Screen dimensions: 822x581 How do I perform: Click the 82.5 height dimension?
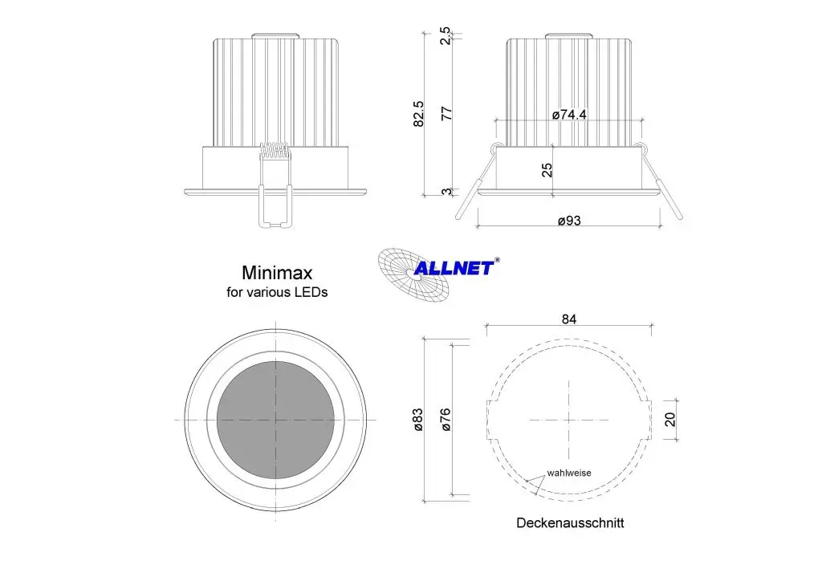[417, 114]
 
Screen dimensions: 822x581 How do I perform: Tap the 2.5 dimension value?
[445, 36]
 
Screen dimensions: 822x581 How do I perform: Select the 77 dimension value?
[446, 114]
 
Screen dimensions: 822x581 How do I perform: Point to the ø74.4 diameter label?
[569, 114]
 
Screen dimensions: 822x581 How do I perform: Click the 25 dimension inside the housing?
[546, 170]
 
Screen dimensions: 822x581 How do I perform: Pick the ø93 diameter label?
[569, 221]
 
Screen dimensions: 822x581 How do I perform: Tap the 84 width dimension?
[569, 319]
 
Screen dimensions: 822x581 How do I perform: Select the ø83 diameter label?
[417, 420]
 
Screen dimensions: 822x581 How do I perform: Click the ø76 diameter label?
[446, 420]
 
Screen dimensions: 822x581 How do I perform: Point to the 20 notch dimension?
[669, 419]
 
